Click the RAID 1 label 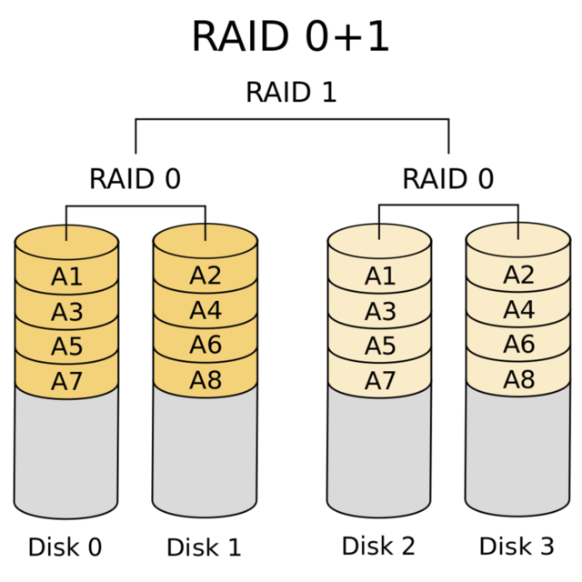pos(291,93)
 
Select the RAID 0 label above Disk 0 pos(135,179)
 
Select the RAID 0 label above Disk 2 pos(447,179)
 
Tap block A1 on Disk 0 pos(66,276)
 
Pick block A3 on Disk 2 pos(379,312)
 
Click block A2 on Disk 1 pos(206,276)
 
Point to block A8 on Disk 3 pos(518,380)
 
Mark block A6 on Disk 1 pos(206,346)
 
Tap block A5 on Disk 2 pos(379,346)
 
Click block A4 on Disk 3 pos(518,310)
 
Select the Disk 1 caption pos(204,547)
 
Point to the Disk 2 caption pos(378,546)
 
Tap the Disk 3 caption pos(517,546)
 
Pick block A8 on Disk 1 pos(206,380)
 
